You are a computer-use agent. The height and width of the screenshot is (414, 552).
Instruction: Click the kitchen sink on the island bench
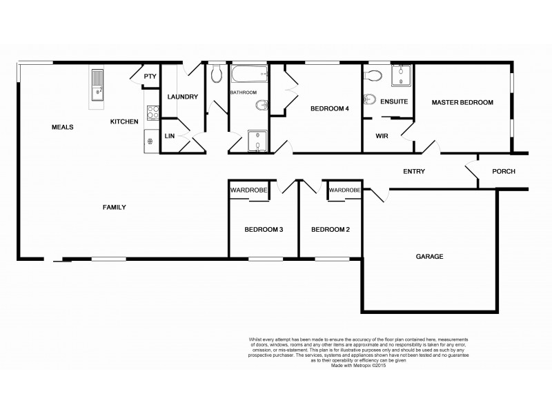97,83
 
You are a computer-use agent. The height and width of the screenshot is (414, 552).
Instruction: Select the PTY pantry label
150,77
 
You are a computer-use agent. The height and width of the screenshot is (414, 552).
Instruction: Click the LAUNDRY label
183,97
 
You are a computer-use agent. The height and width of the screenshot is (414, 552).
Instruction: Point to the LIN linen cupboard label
169,136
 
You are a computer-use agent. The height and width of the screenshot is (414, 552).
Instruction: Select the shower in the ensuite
400,76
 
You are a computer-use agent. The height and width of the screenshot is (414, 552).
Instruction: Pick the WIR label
382,136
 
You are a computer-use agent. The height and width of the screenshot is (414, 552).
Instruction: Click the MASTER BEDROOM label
462,103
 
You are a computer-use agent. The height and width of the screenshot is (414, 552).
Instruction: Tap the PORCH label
503,172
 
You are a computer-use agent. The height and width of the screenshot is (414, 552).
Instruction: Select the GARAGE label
428,257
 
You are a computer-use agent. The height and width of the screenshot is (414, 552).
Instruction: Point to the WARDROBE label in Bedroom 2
344,190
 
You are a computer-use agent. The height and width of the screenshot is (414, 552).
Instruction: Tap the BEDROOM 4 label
330,108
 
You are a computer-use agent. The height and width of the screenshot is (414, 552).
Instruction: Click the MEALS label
62,127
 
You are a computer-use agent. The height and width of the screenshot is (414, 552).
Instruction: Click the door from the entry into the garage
377,195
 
